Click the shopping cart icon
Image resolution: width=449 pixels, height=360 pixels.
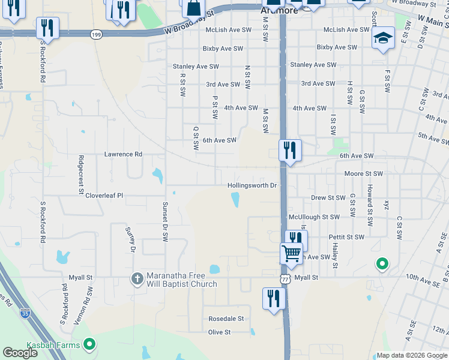point(291,253)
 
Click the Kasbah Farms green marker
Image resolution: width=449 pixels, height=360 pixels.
point(89,344)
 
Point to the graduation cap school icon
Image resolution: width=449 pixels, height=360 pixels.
point(382,39)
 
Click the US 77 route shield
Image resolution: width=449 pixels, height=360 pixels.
point(286,280)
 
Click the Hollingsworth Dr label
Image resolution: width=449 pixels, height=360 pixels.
point(252,186)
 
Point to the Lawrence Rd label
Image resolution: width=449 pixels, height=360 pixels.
point(123,154)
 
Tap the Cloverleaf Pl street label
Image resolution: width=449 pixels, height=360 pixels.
point(104,196)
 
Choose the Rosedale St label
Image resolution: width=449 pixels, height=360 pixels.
point(226,319)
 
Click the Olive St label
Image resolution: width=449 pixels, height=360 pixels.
point(219,332)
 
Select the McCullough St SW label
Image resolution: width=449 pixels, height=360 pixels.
point(314,217)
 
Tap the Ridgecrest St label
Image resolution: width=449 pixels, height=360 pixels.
point(80,175)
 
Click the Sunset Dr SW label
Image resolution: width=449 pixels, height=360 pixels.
point(164,221)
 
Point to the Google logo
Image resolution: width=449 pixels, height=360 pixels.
point(20,353)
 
